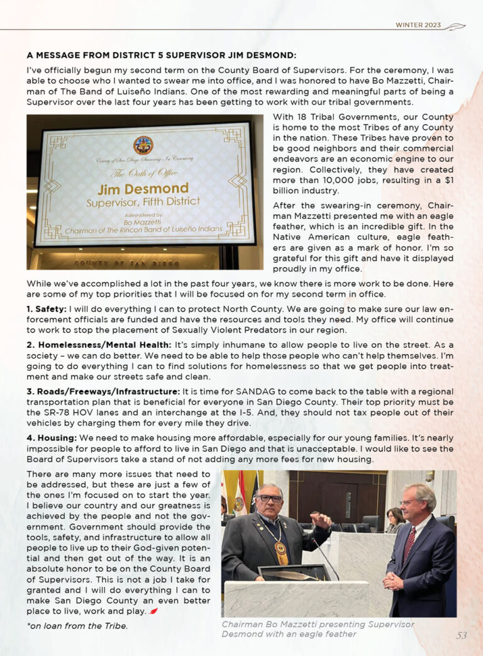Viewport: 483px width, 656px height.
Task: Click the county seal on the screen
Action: [143, 145]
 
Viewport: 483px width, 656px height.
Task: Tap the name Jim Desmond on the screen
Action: [143, 189]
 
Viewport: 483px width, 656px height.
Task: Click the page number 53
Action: [462, 635]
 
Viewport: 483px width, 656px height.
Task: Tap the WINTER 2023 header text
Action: [418, 25]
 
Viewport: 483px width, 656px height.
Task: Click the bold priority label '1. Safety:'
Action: [47, 309]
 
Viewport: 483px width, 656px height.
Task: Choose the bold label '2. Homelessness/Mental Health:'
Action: [99, 345]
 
